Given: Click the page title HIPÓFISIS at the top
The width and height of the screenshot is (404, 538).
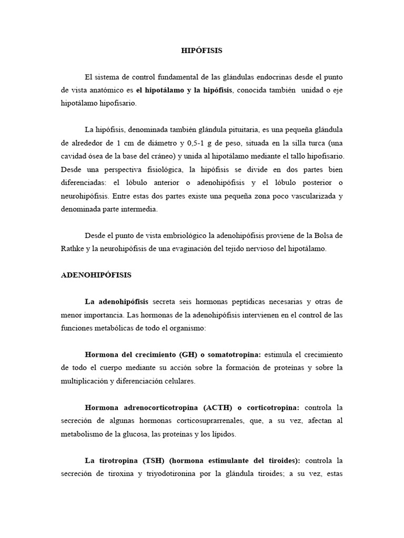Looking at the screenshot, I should click(202, 50).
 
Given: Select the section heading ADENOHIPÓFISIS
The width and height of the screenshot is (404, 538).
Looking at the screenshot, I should click(96, 275).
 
